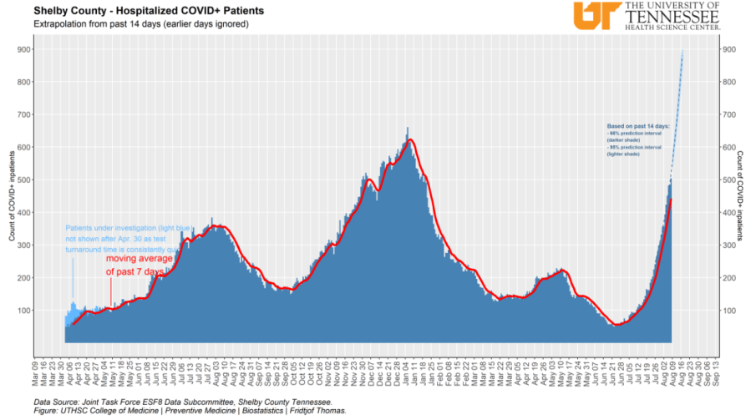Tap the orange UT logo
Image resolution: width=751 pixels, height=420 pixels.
(595, 15)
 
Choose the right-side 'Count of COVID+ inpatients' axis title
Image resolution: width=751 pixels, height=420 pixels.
(740, 196)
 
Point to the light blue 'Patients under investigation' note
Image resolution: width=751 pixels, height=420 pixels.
(125, 238)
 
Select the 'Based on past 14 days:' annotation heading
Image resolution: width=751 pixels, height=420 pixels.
(637, 125)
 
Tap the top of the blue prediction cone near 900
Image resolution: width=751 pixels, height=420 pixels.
(682, 53)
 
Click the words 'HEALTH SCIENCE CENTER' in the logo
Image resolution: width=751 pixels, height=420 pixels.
(672, 27)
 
